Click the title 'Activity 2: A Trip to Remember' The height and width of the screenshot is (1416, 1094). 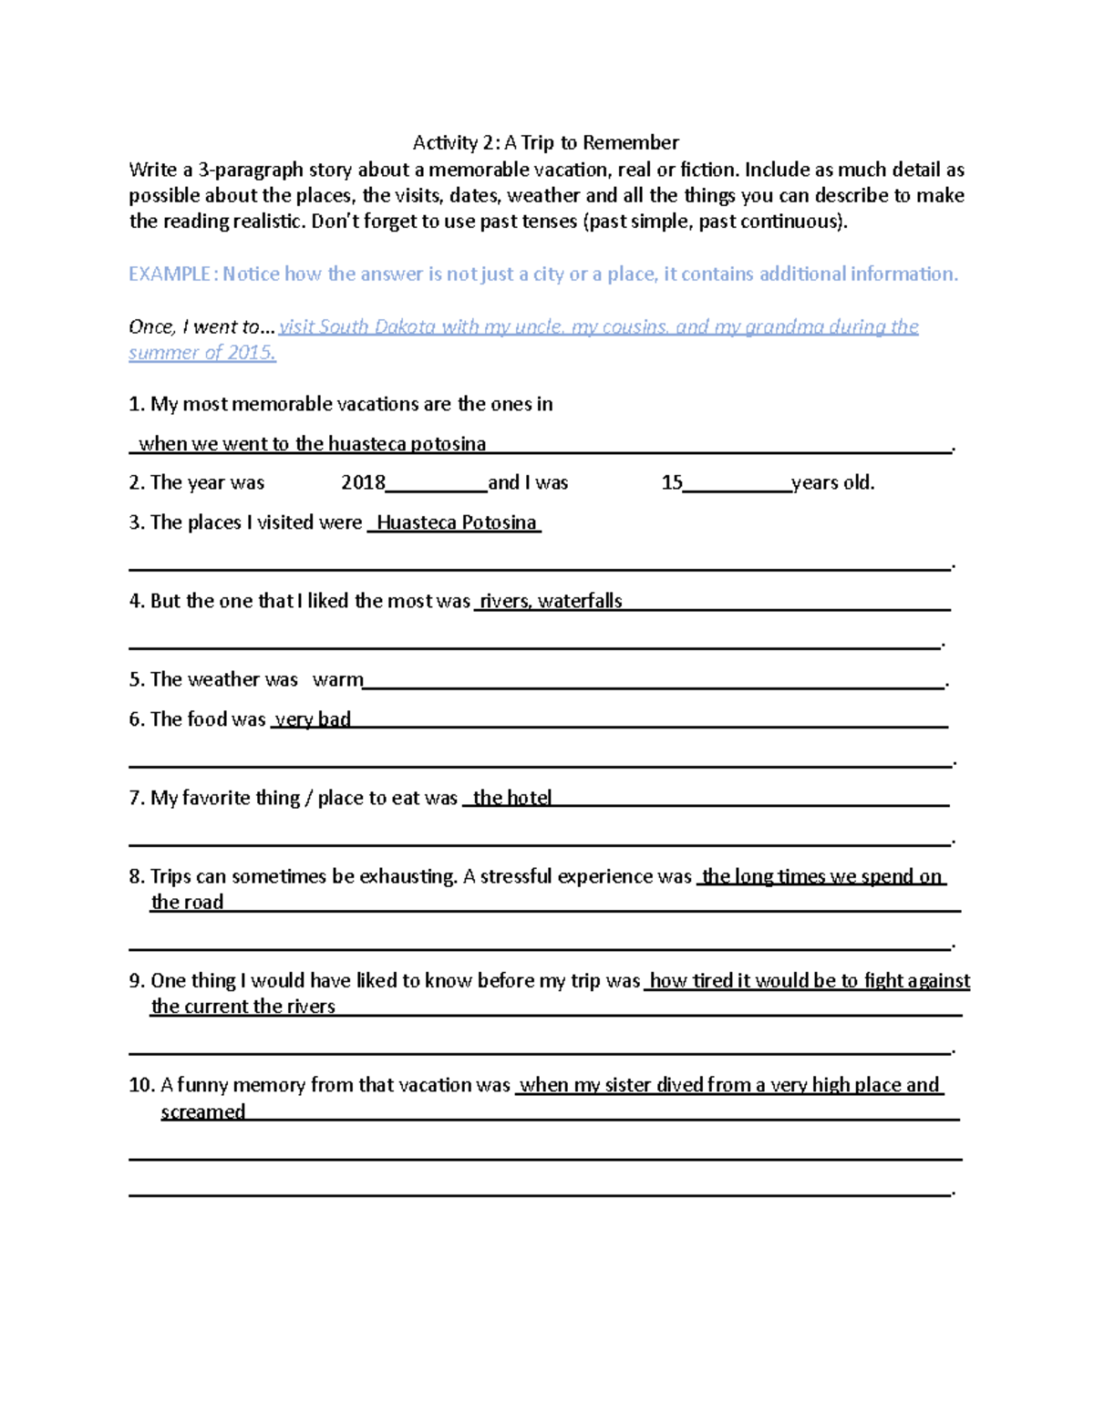tap(545, 142)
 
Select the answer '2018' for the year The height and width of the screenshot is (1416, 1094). tap(363, 483)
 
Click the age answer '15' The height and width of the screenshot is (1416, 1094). tap(672, 483)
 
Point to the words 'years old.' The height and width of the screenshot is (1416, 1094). tap(832, 483)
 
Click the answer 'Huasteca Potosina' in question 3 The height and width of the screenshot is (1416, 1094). tap(456, 523)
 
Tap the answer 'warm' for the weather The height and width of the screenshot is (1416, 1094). tap(337, 680)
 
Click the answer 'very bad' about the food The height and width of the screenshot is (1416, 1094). tap(313, 720)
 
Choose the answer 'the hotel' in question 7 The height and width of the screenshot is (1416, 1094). tap(511, 799)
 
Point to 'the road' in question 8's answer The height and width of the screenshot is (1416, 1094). tap(187, 903)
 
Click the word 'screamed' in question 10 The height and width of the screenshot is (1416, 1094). tap(202, 1112)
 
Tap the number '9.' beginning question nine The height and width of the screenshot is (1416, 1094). tap(137, 981)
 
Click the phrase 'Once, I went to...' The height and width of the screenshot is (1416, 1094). tap(201, 327)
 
